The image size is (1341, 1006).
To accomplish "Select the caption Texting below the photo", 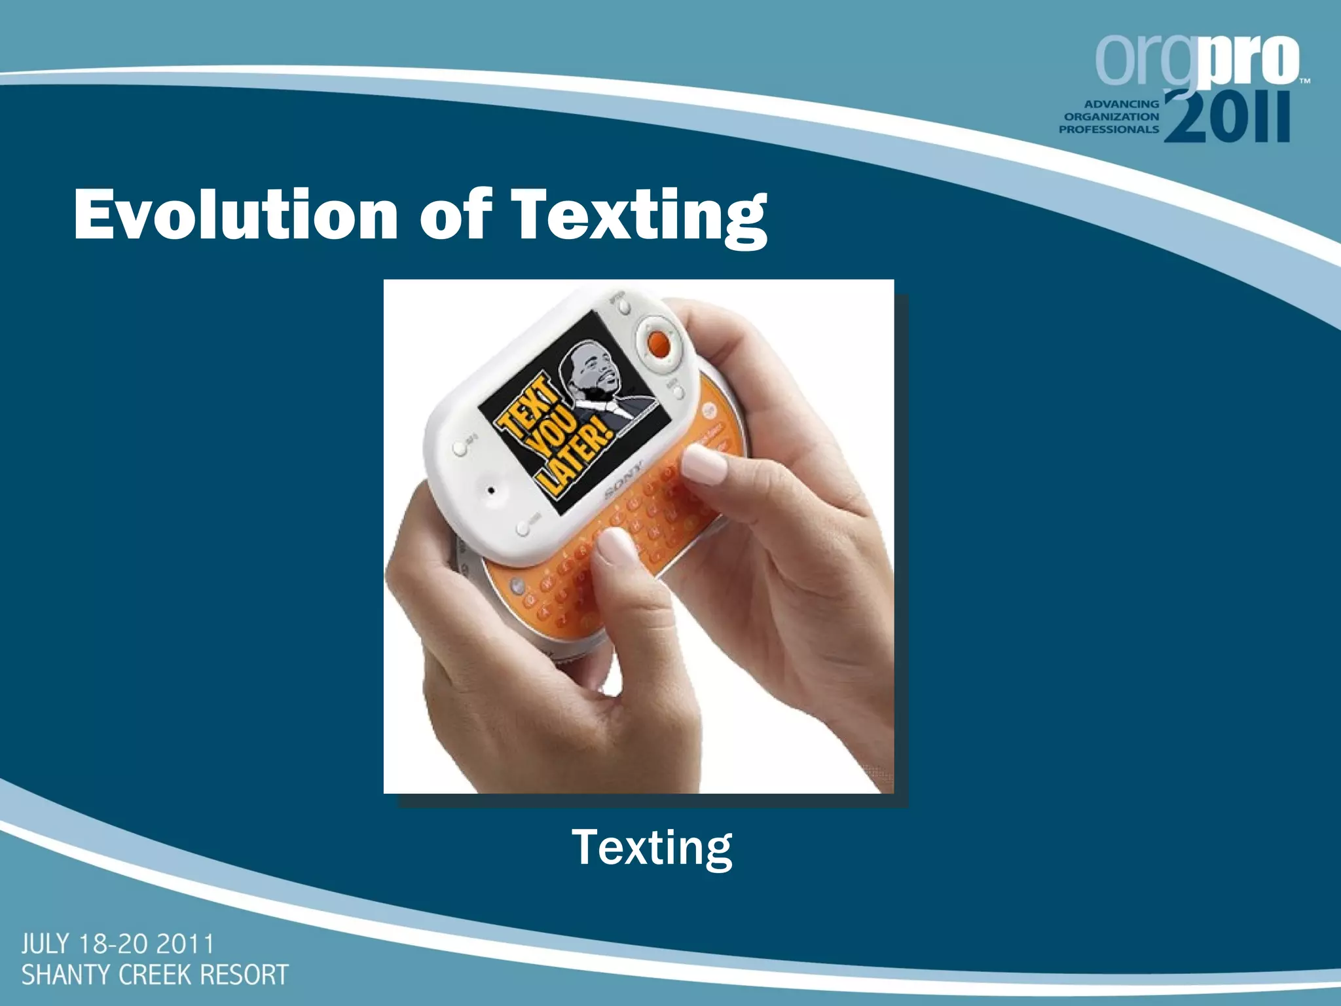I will tap(652, 848).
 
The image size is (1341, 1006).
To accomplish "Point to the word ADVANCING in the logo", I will tap(1121, 103).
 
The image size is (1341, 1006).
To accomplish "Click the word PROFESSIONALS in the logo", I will tap(1109, 130).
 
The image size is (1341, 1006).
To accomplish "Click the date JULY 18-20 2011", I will tap(118, 944).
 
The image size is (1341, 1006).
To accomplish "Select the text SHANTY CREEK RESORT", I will tap(155, 975).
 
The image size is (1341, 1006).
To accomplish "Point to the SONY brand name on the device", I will tap(623, 481).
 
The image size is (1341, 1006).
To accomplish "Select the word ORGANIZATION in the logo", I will tap(1111, 117).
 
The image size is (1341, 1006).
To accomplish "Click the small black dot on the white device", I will tap(490, 489).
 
